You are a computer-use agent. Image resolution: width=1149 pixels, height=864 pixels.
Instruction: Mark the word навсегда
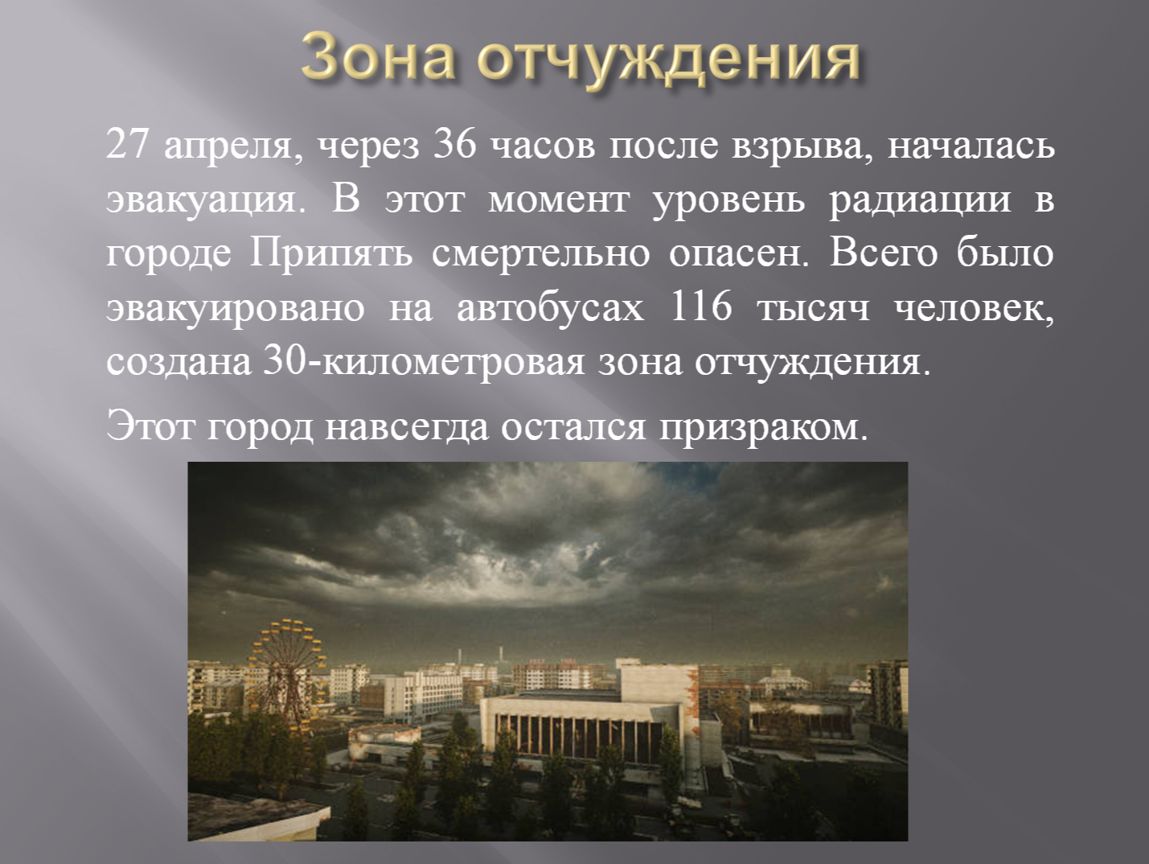407,427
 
